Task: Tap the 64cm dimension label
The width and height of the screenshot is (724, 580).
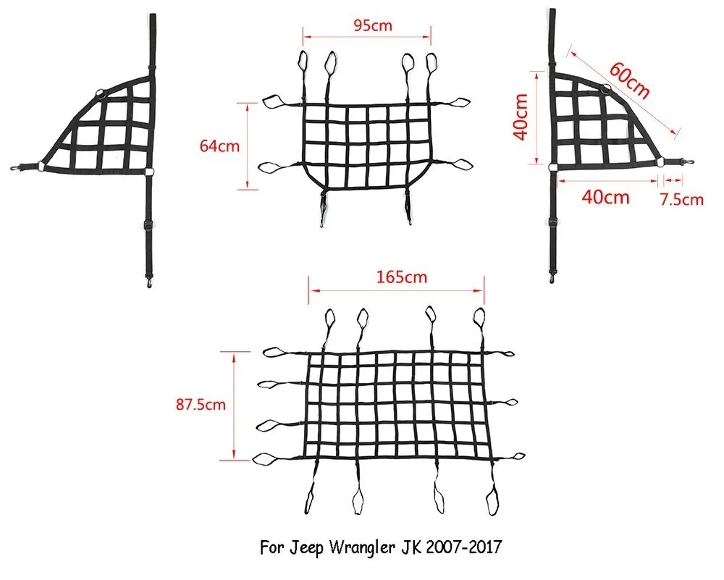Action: tap(219, 146)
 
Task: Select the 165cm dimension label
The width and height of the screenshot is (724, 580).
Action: tap(397, 277)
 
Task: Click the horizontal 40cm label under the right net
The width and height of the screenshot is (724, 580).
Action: tap(605, 196)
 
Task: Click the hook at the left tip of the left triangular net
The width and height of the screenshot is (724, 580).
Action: tap(14, 172)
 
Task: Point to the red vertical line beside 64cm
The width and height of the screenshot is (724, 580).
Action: tap(249, 146)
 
